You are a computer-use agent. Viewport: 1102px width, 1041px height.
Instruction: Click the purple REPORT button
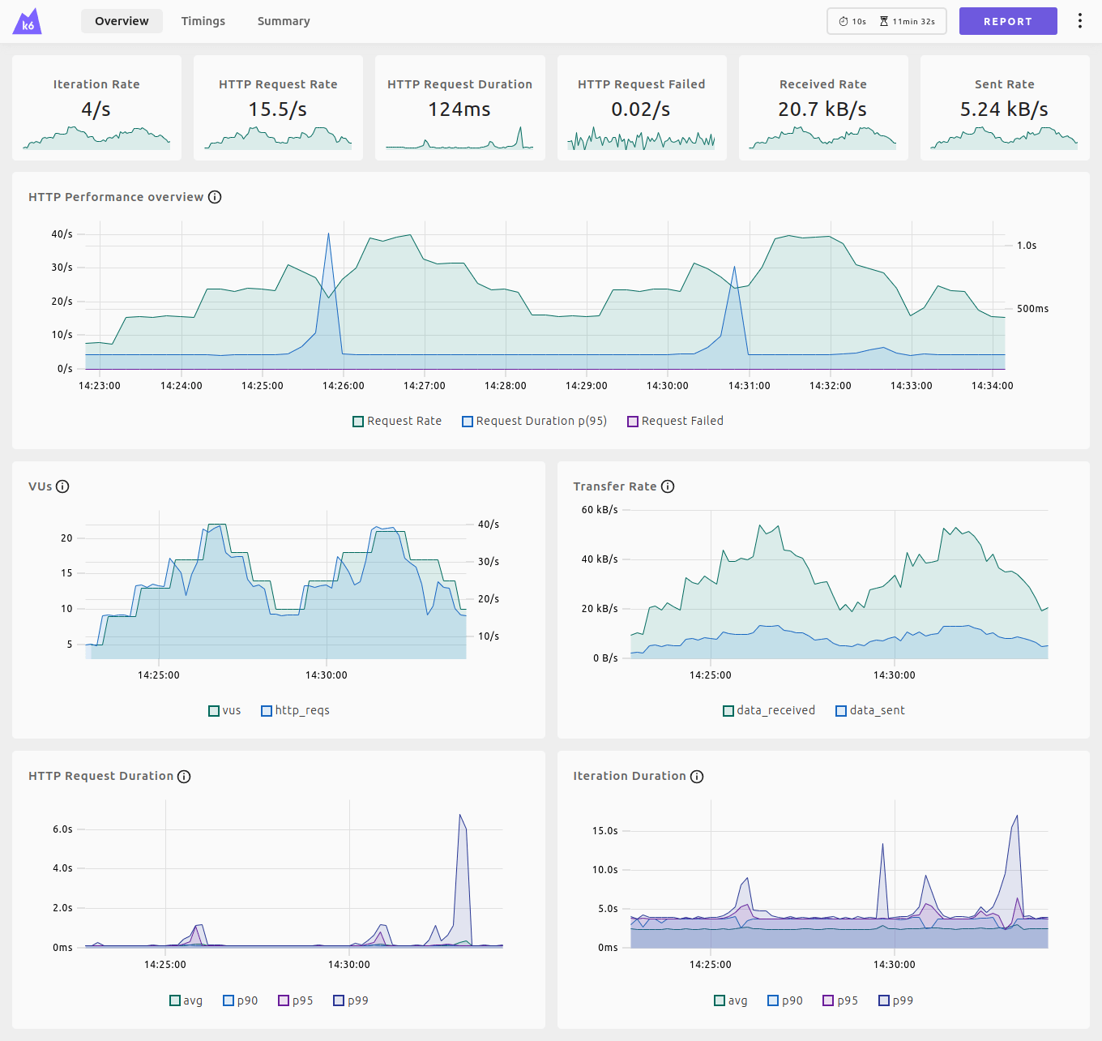[1007, 21]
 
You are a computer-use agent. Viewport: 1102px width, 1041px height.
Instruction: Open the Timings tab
[203, 21]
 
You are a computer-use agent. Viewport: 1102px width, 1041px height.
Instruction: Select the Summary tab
[284, 21]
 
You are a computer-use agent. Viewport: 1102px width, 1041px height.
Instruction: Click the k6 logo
[27, 22]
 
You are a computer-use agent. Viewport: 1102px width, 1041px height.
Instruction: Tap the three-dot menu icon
[1079, 21]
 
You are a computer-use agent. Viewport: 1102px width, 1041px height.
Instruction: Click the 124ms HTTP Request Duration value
[459, 109]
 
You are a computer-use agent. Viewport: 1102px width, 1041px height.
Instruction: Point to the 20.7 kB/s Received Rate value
[822, 109]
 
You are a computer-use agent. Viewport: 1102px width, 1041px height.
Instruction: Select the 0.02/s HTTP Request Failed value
[641, 109]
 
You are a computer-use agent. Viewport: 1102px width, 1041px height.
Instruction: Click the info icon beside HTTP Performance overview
[215, 197]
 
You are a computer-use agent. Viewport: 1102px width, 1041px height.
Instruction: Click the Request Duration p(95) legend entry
[534, 421]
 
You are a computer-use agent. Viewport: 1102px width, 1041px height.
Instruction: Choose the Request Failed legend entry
[675, 421]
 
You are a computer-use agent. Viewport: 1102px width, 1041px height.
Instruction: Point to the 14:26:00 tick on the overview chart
[344, 386]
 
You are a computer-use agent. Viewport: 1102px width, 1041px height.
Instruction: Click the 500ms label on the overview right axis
[1032, 309]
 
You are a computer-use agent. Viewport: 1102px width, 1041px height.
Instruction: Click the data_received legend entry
[769, 710]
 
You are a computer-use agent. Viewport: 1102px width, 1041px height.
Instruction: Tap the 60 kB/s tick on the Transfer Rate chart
[600, 510]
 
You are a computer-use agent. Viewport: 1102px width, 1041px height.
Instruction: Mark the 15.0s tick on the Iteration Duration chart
[604, 831]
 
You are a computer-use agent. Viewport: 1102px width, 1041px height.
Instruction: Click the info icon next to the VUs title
[62, 486]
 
